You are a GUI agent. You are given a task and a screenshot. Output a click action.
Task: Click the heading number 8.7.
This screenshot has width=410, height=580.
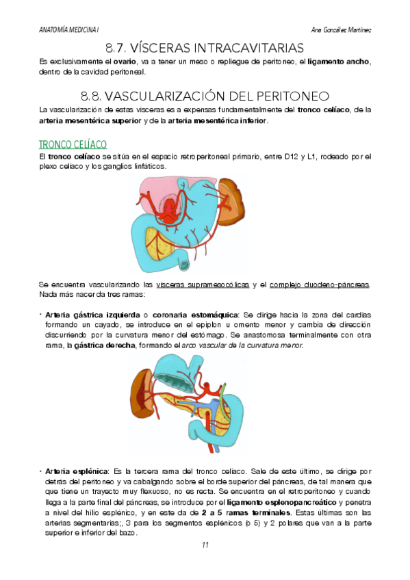(x=119, y=48)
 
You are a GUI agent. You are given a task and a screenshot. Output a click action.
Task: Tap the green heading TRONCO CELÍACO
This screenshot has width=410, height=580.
(x=73, y=144)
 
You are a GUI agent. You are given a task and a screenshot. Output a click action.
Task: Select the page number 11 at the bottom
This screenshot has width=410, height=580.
(x=205, y=545)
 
